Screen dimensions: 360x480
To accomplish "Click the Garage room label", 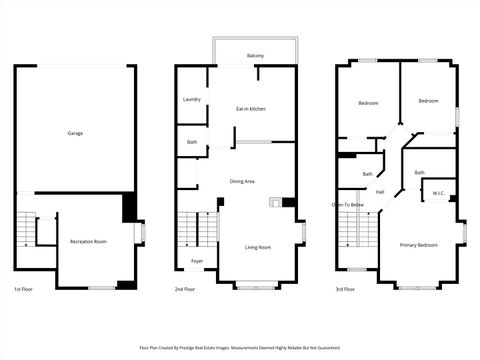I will (75, 133).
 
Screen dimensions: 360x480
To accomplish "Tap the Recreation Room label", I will (88, 242).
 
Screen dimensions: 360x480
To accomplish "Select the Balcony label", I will (255, 56).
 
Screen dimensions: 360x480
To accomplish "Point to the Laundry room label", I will (192, 100).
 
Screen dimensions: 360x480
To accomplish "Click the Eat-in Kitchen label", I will (250, 108).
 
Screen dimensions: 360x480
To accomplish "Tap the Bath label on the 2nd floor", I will (191, 142).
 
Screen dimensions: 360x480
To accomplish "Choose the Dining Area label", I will (243, 181).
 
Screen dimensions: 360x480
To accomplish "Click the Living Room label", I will (259, 247).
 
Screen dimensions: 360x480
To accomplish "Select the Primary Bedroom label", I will (419, 245).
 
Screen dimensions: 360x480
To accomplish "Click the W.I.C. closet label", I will (438, 193).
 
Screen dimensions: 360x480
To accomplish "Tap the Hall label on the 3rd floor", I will (380, 192).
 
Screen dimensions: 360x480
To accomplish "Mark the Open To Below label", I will (348, 204).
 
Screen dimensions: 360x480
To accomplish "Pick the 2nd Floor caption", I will (184, 289).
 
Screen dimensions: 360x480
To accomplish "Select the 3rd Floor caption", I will (345, 289).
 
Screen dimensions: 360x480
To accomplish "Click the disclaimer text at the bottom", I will (240, 348).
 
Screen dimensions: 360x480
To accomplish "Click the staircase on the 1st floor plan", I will (24, 232).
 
